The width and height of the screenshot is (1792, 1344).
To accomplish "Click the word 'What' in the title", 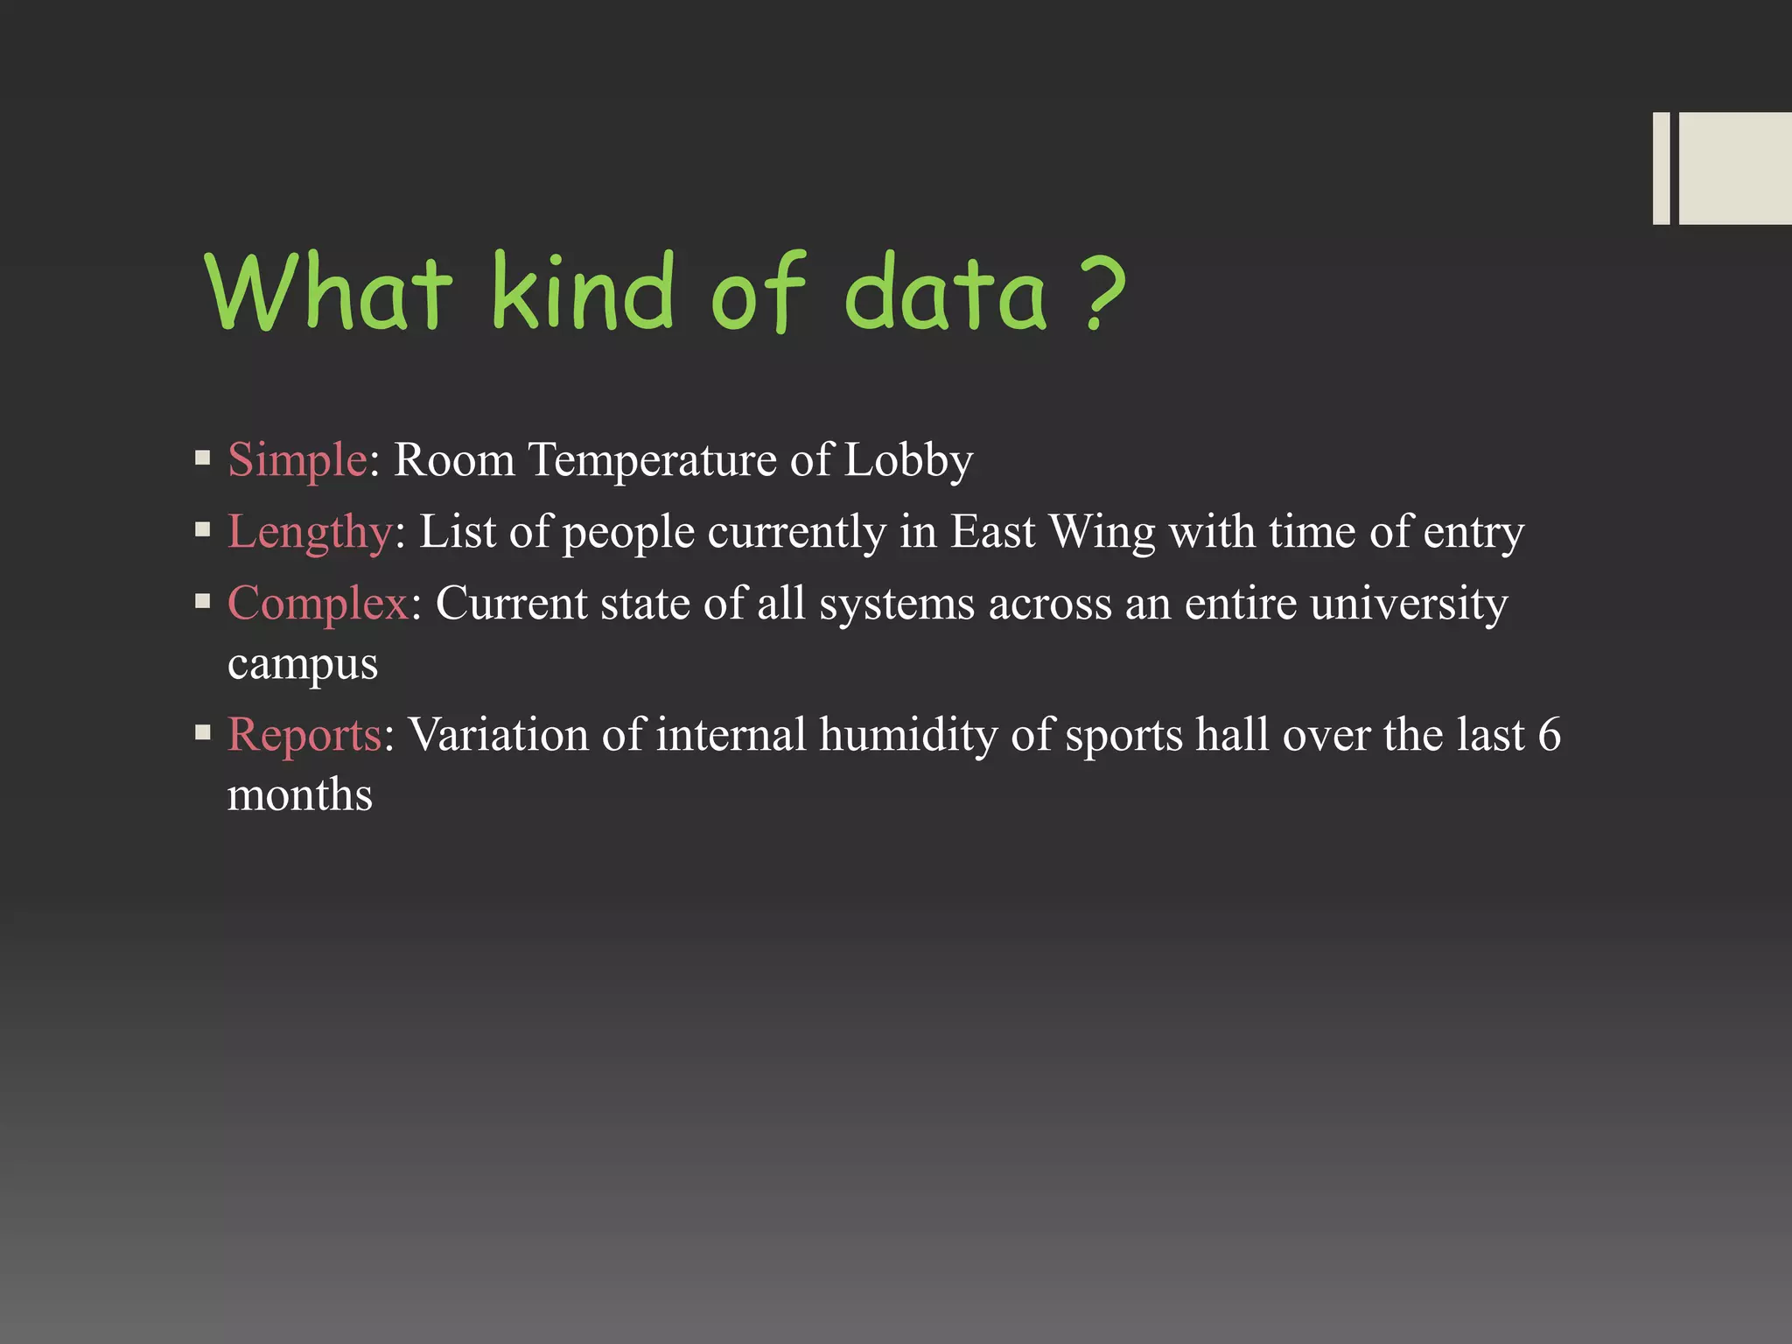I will click(x=329, y=293).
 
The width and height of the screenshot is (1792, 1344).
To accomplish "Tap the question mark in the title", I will click(x=1102, y=293).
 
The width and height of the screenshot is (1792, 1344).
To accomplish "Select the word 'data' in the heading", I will click(x=945, y=293).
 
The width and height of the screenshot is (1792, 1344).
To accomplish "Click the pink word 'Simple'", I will click(x=297, y=459).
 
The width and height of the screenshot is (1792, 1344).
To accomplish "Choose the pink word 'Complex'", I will click(x=318, y=604).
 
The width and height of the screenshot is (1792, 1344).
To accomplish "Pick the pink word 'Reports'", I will click(x=304, y=734).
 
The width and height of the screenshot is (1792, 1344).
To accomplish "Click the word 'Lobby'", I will click(x=908, y=459).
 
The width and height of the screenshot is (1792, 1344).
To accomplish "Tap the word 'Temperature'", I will click(x=652, y=459).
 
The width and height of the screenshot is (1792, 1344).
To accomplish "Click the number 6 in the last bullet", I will click(x=1549, y=734).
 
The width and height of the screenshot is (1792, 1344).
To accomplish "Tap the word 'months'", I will click(x=300, y=795).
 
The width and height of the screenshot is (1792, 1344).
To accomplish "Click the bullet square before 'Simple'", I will click(x=203, y=457).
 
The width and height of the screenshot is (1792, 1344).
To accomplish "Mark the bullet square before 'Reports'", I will click(x=203, y=731).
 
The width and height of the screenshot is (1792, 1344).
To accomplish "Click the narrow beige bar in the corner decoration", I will click(x=1661, y=168).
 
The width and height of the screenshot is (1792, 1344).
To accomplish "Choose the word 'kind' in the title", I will click(x=583, y=293).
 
